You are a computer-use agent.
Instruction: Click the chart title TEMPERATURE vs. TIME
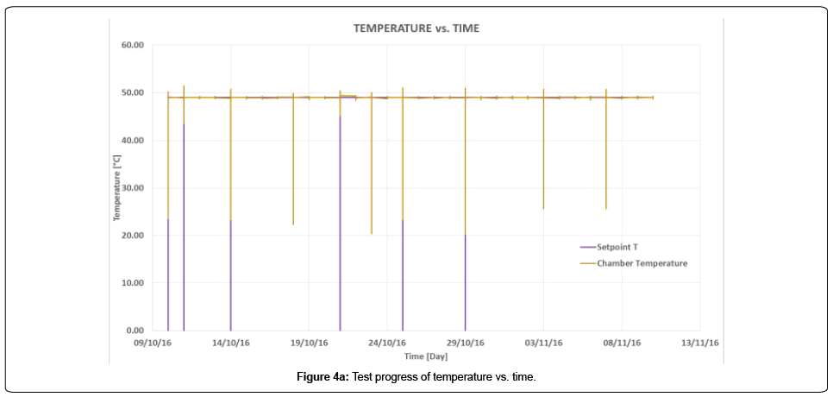coord(416,28)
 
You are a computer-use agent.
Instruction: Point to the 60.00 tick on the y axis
coord(133,46)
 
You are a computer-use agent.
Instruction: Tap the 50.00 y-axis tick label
coord(133,93)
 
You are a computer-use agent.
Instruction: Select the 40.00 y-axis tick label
coord(133,141)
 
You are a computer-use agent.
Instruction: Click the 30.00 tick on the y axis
coord(133,188)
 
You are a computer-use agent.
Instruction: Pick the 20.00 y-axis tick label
coord(133,236)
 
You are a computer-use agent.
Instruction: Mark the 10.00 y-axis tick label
coord(133,283)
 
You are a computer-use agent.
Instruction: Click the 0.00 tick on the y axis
coord(135,331)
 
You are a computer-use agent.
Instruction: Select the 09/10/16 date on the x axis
coord(152,343)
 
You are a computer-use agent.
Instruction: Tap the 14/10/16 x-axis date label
coord(230,343)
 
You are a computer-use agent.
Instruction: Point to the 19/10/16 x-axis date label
coord(309,343)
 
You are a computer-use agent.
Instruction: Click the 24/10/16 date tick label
coord(387,343)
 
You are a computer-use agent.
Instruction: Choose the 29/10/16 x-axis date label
coord(466,343)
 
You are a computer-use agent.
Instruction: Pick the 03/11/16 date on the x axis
coord(544,343)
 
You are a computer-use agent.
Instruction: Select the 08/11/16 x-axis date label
coord(623,343)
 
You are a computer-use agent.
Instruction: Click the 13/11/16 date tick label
coord(700,343)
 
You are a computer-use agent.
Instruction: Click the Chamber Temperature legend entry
coord(642,263)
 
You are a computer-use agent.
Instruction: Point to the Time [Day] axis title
coord(426,356)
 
